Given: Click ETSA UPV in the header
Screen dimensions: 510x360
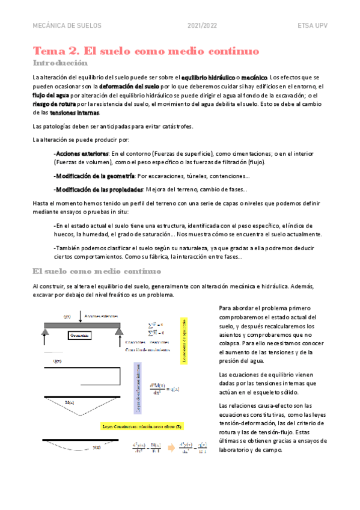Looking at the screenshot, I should [312, 26].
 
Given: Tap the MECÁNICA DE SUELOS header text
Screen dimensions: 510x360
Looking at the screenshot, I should [67, 26].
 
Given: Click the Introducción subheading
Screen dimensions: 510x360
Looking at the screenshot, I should [60, 63].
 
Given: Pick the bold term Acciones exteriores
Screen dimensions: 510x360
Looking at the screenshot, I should [82, 153].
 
